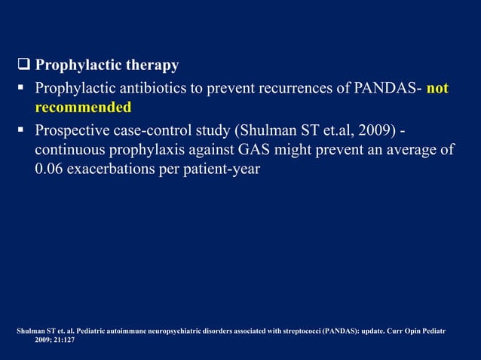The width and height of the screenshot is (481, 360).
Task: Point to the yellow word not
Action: (x=437, y=89)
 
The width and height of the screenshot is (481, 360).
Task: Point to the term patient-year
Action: (x=225, y=169)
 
